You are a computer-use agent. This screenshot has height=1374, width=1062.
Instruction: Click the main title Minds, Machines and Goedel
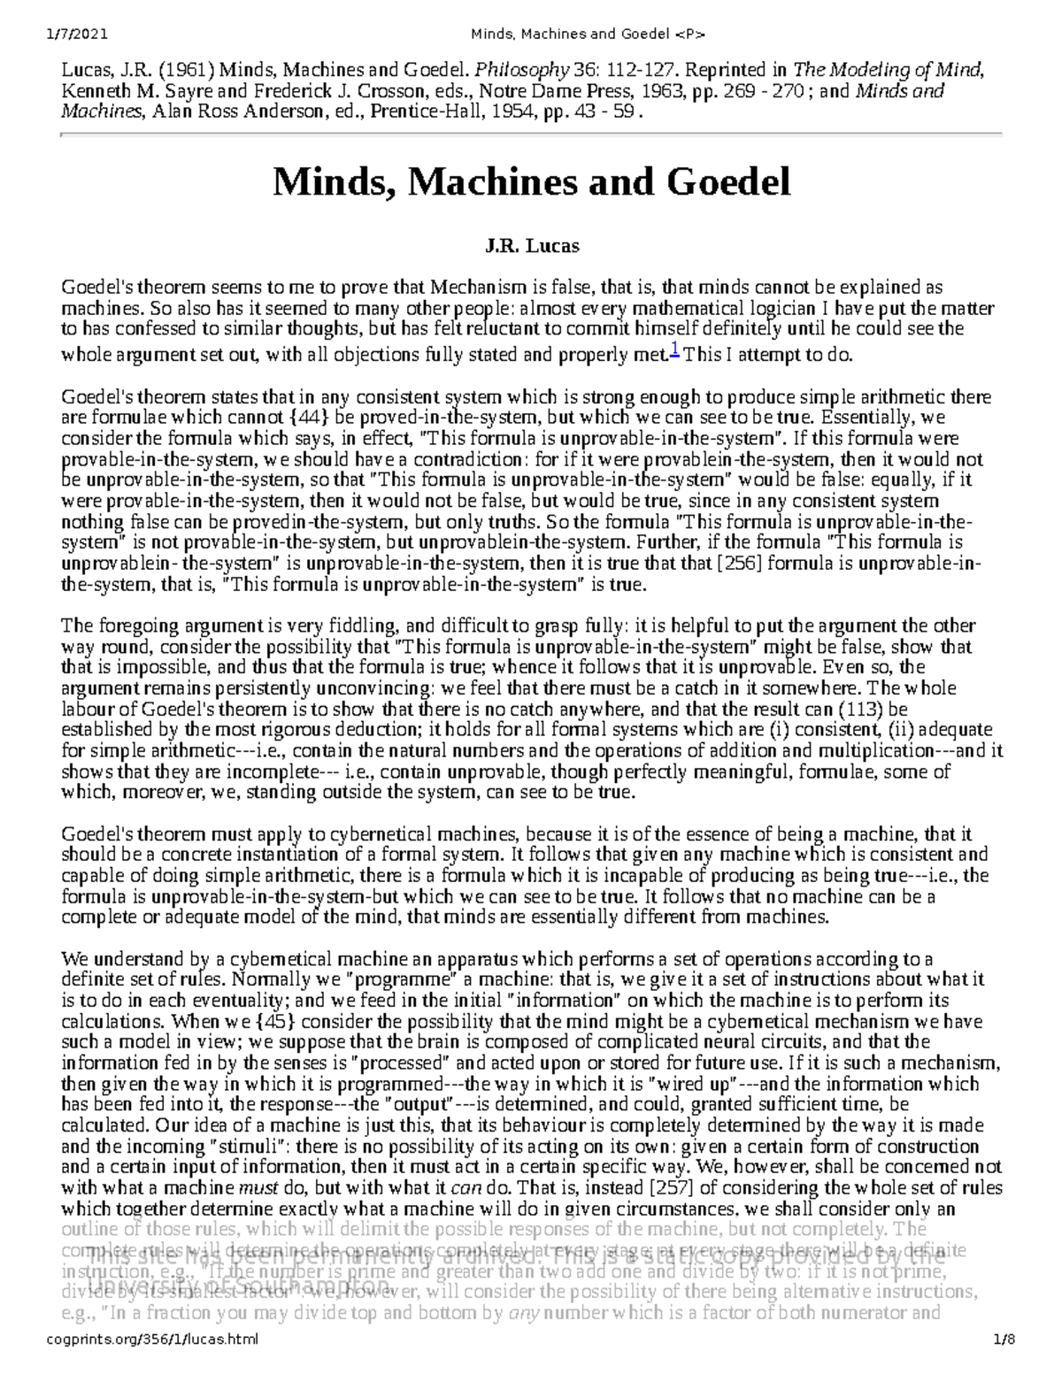click(530, 182)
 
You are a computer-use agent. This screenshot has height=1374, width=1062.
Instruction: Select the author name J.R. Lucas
click(530, 245)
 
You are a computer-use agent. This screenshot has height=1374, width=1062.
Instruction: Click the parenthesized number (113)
click(877, 710)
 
